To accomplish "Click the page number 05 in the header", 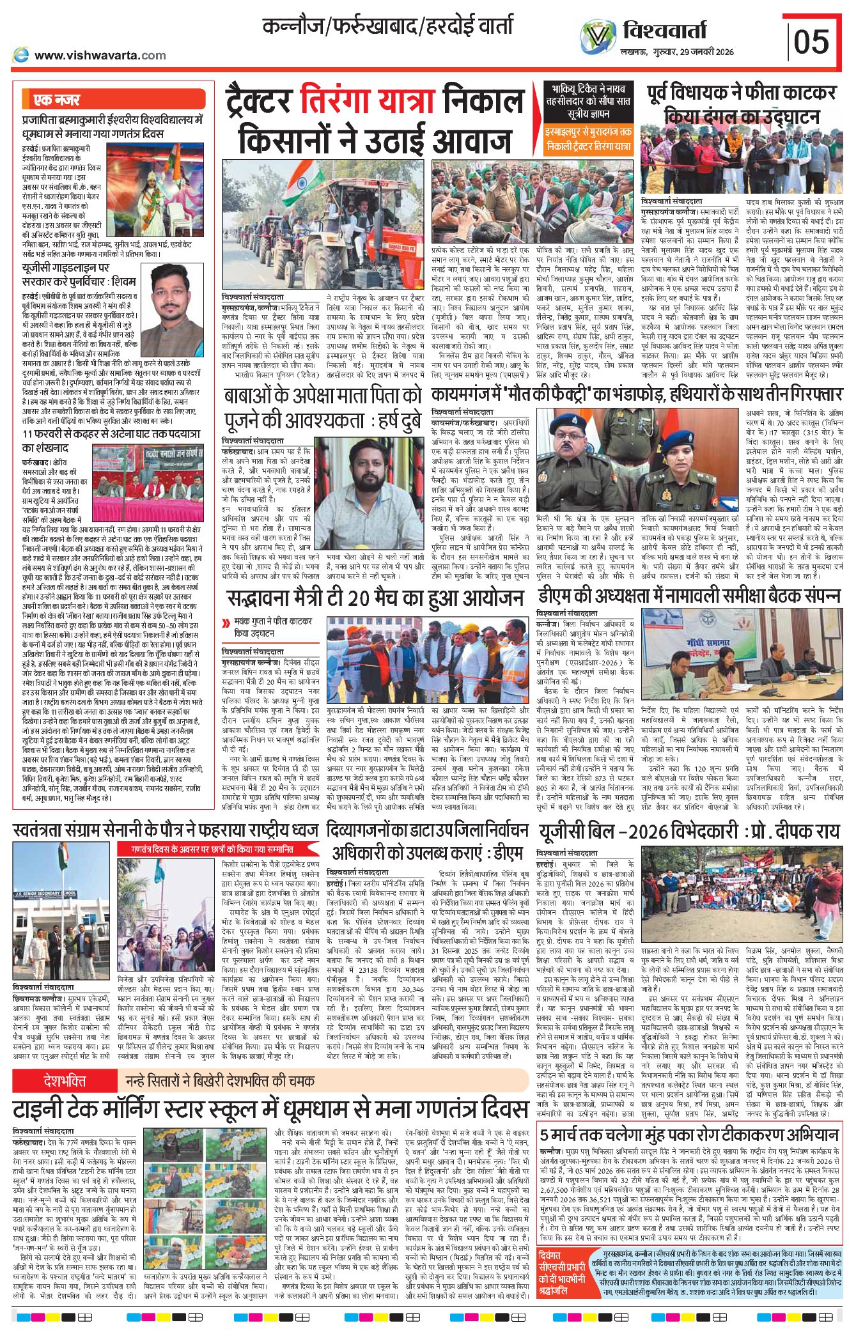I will [811, 42].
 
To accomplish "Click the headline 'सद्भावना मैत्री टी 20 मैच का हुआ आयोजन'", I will [375, 598].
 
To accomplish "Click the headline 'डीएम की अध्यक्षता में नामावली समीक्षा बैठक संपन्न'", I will [688, 595].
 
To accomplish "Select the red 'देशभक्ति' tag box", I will [65, 1081].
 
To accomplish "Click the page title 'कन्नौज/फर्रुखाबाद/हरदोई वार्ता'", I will [387, 27].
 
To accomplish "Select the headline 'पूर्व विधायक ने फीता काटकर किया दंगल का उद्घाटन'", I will [741, 104].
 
